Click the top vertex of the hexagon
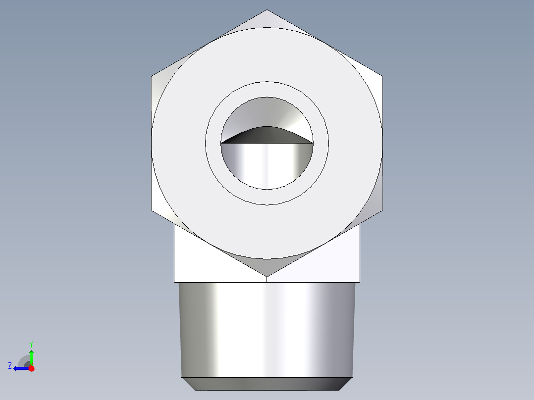[267, 10]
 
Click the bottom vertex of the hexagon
[267, 276]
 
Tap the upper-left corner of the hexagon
[152, 76]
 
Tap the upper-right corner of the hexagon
[382, 76]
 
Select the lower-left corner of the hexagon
[152, 209]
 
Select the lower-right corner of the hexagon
[382, 209]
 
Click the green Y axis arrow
[31, 355]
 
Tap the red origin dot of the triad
[31, 368]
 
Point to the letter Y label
[31, 344]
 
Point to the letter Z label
[10, 365]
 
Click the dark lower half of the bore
[267, 166]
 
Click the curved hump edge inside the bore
[267, 128]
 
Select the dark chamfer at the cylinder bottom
[267, 384]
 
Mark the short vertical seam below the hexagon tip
[267, 279]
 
